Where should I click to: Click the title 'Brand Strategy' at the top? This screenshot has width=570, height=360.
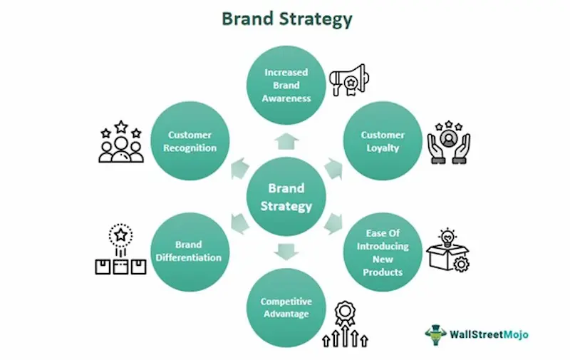(x=286, y=19)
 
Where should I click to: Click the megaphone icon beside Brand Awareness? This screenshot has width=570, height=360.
(x=348, y=81)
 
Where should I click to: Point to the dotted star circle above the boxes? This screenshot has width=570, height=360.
(x=120, y=235)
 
